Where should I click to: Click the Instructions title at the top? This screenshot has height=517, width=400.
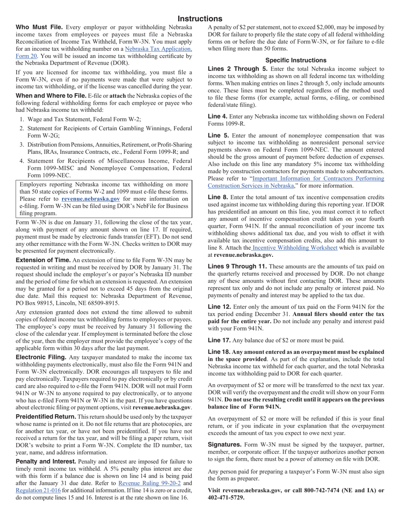point(200,19)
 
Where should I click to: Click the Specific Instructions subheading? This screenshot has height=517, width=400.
point(296,60)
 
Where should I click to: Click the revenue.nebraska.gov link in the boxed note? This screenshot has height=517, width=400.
point(91,199)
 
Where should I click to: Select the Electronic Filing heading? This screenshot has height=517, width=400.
point(41,357)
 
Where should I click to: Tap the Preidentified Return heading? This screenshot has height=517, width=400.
point(46,417)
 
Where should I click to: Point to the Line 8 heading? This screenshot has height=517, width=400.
point(218,197)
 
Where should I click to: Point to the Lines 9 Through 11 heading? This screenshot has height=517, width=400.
point(237,266)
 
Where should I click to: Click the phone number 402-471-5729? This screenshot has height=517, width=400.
point(226,498)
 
